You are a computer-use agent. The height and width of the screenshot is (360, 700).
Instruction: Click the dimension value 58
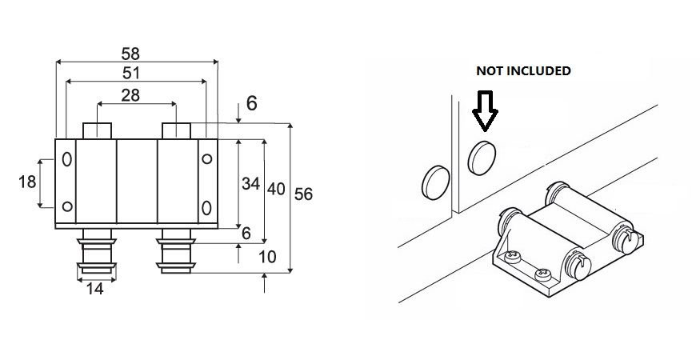click(130, 54)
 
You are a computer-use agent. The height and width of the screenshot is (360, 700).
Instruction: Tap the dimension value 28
click(131, 95)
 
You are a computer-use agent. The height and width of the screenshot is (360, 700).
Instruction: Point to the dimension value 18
click(27, 182)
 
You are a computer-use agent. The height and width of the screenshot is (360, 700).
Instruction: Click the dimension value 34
click(250, 183)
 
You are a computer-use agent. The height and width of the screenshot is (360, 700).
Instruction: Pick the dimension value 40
click(276, 189)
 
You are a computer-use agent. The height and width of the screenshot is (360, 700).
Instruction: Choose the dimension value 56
click(304, 194)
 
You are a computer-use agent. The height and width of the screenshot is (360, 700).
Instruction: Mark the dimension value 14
click(94, 289)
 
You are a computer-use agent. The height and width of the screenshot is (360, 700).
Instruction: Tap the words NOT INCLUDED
click(523, 70)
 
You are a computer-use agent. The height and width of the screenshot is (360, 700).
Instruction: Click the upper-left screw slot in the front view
click(66, 158)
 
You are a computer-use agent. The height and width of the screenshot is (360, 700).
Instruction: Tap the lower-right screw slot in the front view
click(206, 208)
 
